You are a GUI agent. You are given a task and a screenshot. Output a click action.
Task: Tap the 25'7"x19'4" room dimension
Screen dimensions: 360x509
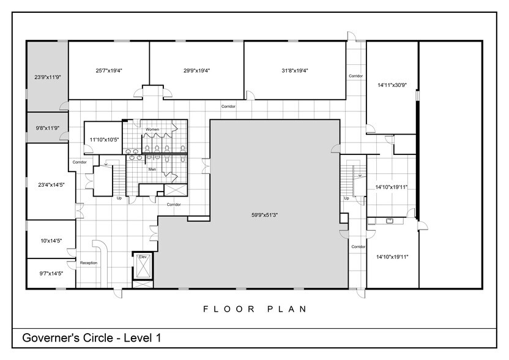109,70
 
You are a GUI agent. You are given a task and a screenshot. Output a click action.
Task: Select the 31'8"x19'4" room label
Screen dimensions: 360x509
294,70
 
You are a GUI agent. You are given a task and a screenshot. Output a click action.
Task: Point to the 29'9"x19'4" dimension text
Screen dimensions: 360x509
197,70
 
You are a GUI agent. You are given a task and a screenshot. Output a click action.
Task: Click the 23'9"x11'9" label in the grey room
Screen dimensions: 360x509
47,77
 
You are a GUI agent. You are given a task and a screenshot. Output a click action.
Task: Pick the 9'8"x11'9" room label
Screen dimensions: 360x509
46,128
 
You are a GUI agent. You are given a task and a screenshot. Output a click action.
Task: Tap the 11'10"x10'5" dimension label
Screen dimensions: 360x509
102,140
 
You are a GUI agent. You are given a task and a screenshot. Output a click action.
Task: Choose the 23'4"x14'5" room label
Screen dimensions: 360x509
50,184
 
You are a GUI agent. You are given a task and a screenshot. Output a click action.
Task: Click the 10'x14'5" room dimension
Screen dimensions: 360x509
50,241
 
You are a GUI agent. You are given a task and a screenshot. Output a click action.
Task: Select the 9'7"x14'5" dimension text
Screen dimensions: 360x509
50,273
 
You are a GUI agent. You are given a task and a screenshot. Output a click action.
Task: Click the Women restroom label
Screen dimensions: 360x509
152,129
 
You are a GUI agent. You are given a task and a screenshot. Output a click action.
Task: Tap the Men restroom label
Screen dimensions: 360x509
152,168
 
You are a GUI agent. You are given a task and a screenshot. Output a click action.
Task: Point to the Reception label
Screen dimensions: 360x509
89,263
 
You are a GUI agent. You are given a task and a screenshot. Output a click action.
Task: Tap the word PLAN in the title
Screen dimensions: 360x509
288,309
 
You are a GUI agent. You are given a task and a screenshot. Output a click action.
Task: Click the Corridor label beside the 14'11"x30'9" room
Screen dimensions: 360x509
356,76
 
